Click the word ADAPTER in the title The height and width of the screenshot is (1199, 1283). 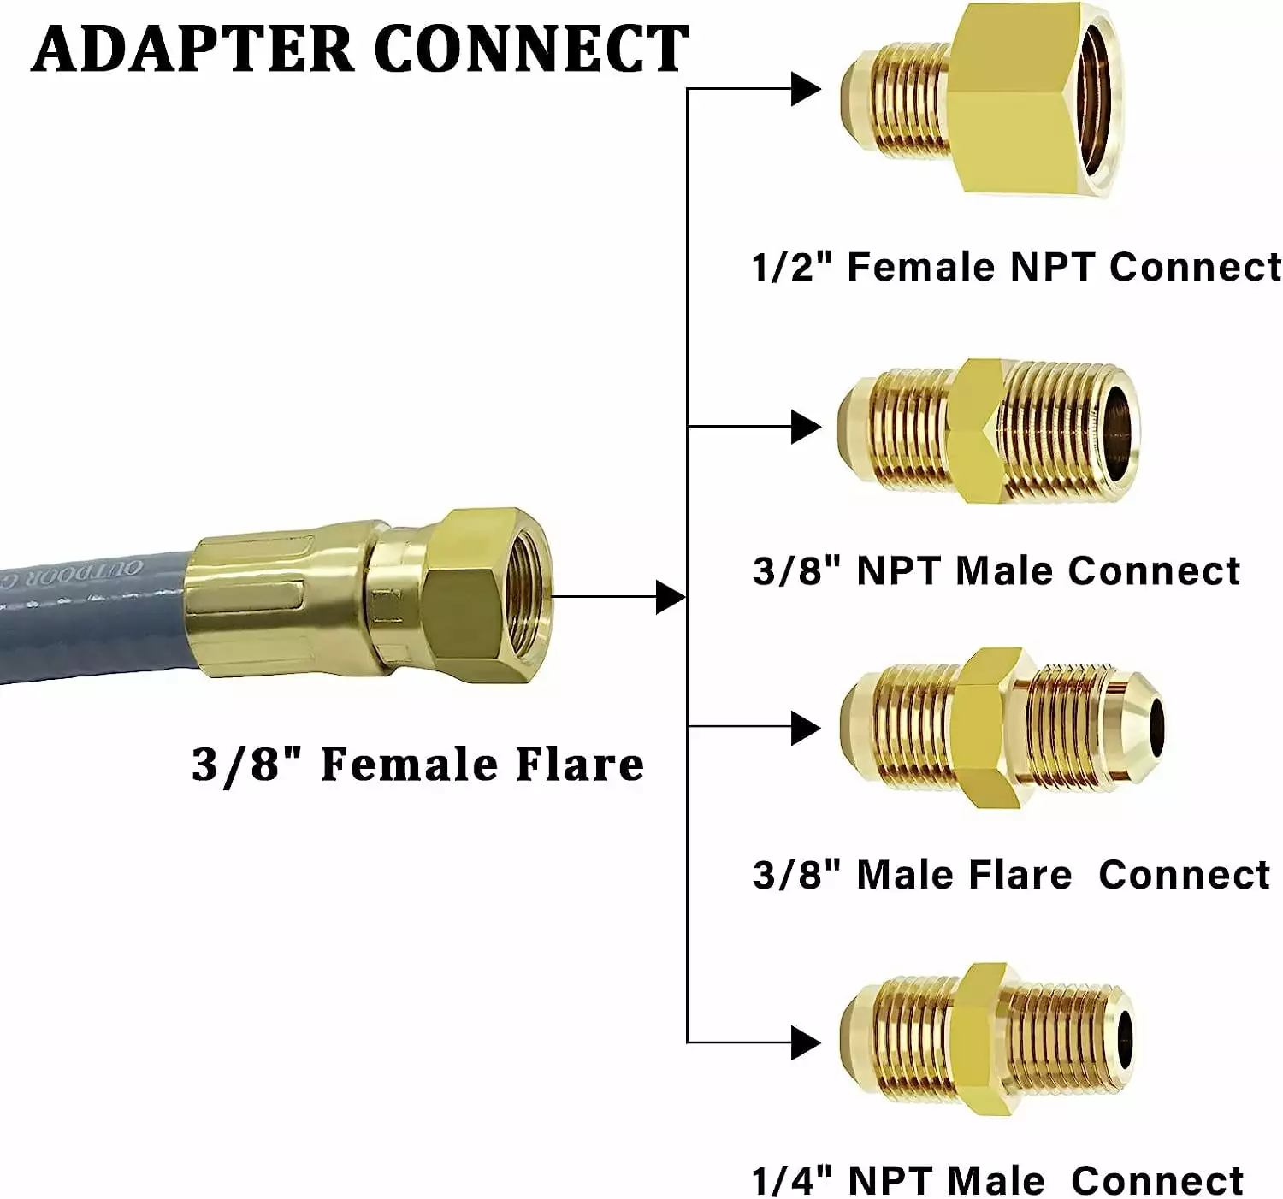[192, 49]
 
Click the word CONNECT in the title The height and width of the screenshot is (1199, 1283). [532, 49]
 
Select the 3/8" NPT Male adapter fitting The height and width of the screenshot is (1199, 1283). [988, 431]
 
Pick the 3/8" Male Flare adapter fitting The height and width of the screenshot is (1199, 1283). [1002, 728]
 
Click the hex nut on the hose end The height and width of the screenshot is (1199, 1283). [489, 595]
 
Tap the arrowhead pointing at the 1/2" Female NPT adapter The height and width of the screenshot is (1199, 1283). [806, 88]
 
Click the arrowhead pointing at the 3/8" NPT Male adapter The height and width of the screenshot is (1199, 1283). [806, 427]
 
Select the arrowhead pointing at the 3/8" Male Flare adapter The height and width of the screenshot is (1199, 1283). [806, 728]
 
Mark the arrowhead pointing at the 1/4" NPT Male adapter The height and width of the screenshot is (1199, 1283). [806, 1042]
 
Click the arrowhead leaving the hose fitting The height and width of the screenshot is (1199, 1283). [671, 597]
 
